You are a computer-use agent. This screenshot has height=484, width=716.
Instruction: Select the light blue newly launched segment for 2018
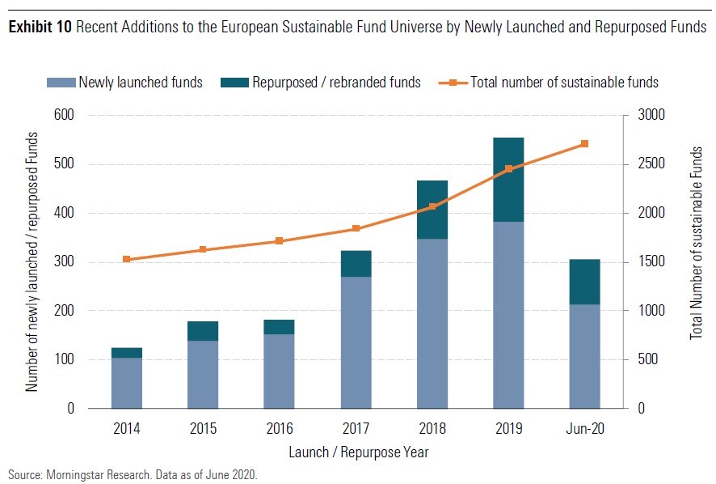(x=432, y=323)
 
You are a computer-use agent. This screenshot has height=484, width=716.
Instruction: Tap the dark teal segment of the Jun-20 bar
(x=584, y=282)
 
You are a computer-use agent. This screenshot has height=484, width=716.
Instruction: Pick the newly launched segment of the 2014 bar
(x=127, y=383)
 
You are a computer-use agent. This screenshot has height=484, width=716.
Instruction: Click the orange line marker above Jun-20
(x=584, y=144)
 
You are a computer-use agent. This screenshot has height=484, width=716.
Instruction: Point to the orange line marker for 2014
(x=127, y=259)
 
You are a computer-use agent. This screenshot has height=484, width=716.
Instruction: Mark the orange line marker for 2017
(x=356, y=229)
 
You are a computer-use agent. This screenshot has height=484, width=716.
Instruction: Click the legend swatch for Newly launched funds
(x=61, y=82)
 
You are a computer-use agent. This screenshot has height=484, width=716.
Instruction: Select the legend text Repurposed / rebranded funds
(x=336, y=82)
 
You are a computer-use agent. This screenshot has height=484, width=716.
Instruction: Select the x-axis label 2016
(x=280, y=428)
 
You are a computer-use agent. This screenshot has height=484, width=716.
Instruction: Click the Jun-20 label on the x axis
(x=584, y=428)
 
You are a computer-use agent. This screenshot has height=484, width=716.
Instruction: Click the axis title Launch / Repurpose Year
(x=356, y=452)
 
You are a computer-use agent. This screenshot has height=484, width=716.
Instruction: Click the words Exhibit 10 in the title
(x=37, y=28)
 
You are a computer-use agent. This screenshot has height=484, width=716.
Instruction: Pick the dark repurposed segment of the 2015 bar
(x=203, y=331)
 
